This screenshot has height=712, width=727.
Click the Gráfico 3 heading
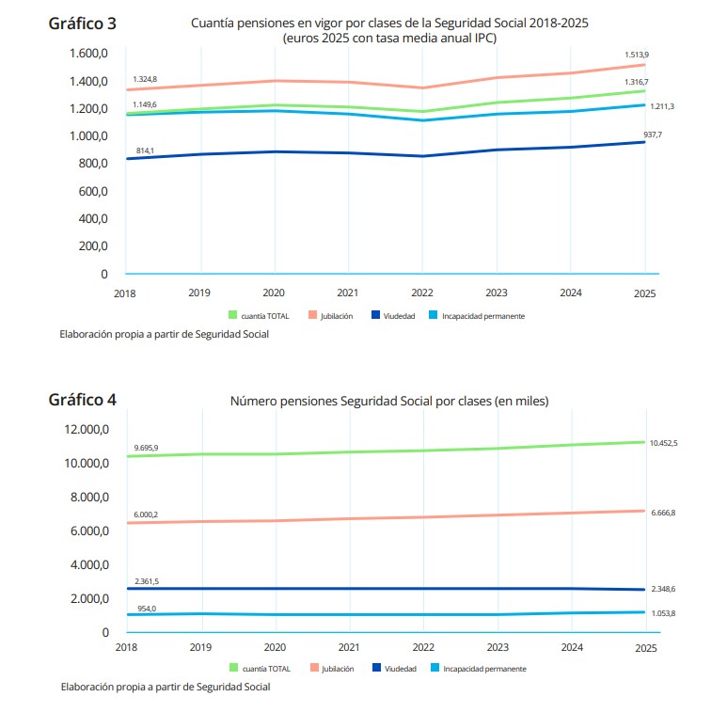coord(82,24)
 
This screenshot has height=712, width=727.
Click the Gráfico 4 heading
coord(82,400)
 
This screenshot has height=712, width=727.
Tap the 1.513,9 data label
coord(637,55)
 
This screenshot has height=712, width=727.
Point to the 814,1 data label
coord(145,150)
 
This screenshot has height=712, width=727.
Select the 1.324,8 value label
coord(145,79)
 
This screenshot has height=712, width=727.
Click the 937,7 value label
coord(653,134)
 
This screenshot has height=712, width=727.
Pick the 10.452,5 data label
coord(663,443)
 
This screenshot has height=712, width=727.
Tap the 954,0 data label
coord(147,609)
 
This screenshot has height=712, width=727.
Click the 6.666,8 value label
coord(663,513)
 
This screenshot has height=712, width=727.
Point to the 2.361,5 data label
coord(147,581)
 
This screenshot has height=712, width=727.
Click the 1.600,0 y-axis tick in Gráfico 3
coord(88,54)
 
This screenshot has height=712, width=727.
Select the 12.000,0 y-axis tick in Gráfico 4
coord(87,429)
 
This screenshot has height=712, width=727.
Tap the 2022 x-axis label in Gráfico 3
coord(422,293)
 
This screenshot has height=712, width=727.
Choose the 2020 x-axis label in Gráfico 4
coord(275,647)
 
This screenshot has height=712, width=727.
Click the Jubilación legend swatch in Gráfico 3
coord(313,315)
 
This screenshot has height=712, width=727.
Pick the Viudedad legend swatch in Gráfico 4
coord(376,668)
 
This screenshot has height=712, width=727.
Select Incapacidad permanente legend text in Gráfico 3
coord(483,316)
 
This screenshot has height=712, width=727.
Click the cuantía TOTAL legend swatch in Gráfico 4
coord(233,668)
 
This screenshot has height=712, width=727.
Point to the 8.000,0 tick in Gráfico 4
coord(90,497)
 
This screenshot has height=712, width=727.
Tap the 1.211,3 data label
coord(662,106)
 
